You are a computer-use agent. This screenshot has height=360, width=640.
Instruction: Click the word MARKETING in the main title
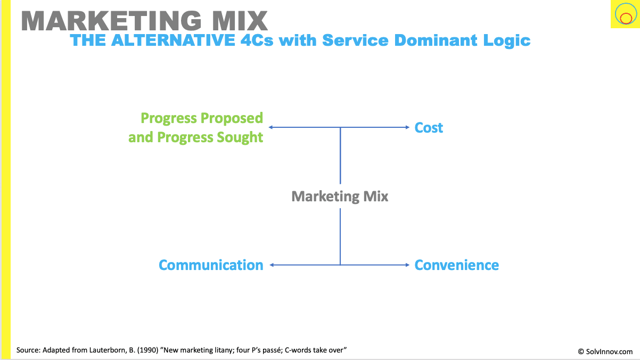tap(111, 21)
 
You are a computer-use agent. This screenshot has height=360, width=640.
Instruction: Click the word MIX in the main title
tap(240, 21)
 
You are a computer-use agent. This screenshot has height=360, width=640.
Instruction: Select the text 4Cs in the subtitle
tap(257, 40)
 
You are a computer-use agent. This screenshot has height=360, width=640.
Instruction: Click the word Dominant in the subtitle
tap(436, 40)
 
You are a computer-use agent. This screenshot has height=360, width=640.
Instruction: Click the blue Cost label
tap(429, 127)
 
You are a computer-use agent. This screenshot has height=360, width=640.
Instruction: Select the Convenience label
tap(456, 265)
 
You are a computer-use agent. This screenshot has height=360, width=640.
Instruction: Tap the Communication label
tap(211, 265)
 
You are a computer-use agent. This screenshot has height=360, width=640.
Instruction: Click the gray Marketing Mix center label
tap(340, 197)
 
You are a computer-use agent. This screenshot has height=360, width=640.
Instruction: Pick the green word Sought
tap(240, 137)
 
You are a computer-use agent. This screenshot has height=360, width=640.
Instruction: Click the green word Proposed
tap(232, 118)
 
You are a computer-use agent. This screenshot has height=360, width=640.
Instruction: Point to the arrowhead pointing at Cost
tap(408, 127)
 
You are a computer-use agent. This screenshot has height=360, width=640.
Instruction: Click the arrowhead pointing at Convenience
tap(408, 265)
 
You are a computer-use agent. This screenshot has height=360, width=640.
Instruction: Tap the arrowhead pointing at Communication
tap(272, 265)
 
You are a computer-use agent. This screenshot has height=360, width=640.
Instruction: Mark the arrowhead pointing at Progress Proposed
tap(270, 127)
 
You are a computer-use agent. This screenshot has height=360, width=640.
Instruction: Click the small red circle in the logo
tap(626, 19)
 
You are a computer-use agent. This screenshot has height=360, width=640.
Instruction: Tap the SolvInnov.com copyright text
tap(605, 351)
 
